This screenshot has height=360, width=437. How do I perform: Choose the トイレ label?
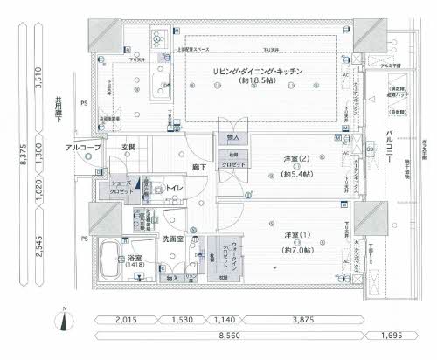[174, 190]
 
